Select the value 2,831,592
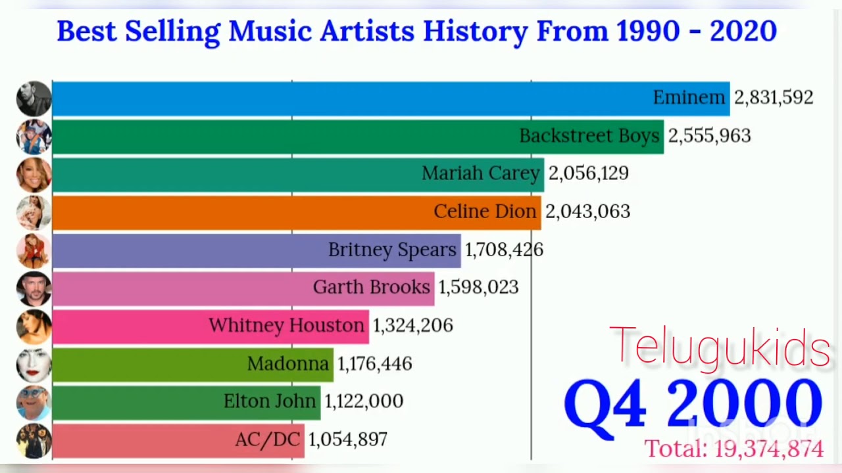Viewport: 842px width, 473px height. tap(773, 98)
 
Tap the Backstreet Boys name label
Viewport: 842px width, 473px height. tap(589, 136)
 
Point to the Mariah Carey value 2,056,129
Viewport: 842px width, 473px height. tap(588, 173)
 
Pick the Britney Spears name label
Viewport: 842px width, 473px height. tap(392, 250)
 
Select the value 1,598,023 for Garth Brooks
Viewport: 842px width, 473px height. tap(478, 288)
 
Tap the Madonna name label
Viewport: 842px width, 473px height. tap(287, 363)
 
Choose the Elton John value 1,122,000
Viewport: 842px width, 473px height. tap(363, 401)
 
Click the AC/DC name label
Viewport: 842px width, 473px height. tap(267, 439)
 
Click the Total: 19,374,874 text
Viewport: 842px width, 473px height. tap(733, 449)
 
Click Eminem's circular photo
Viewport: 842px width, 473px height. tap(34, 99)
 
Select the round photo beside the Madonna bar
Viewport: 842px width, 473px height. tap(34, 364)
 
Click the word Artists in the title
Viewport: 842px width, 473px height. tap(368, 31)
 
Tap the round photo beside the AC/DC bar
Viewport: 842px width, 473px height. tap(34, 440)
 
